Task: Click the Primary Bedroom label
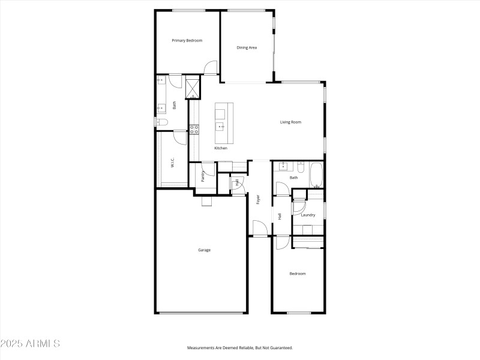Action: point(187,41)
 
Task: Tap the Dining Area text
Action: point(247,47)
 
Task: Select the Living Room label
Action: point(290,122)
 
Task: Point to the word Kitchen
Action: point(221,148)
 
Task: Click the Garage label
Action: point(204,250)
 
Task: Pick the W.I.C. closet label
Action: point(172,163)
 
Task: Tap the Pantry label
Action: point(203,176)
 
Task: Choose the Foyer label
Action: point(259,199)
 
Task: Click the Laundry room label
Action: point(308,215)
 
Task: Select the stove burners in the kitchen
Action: point(194,129)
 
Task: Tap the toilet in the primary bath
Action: point(161,122)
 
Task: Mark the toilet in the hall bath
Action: point(302,167)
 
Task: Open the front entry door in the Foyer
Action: point(259,229)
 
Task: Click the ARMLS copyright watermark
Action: point(30,344)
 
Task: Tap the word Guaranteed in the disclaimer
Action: point(280,348)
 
